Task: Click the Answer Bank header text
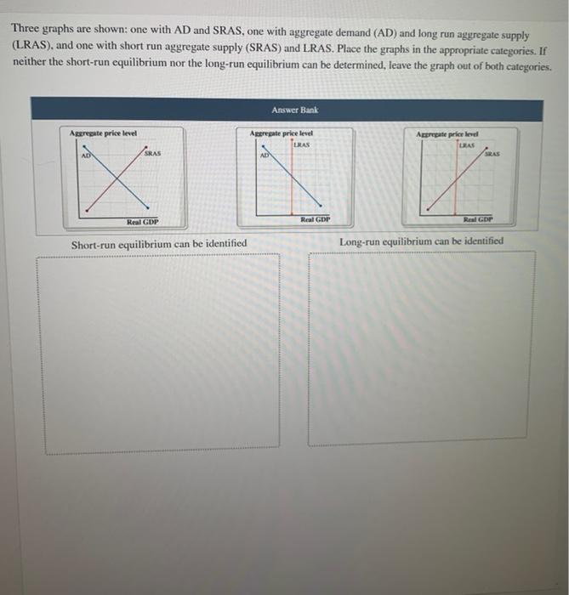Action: [294, 110]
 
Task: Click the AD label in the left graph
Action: [86, 156]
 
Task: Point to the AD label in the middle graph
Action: [265, 156]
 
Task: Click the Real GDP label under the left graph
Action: [142, 222]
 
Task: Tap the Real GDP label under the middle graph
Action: [315, 219]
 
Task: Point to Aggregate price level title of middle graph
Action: [282, 134]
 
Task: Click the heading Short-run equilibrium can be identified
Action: [159, 244]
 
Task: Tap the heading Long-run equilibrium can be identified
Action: [421, 241]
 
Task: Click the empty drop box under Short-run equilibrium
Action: [162, 353]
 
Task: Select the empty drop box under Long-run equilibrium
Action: [424, 348]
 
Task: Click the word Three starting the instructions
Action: [26, 27]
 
